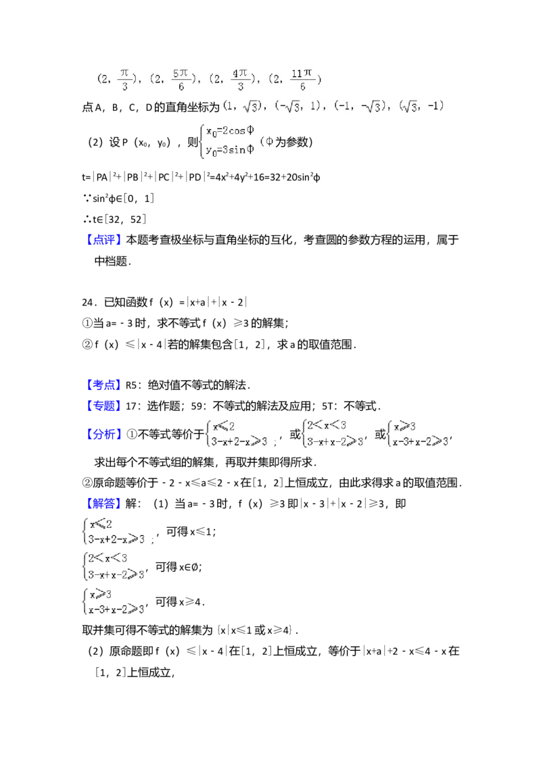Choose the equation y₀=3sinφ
tap(230, 150)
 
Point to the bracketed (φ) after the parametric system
tap(268, 141)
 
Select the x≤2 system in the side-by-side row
tap(240, 433)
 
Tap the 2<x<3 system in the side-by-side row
tap(333, 433)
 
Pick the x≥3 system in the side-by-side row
tap(417, 433)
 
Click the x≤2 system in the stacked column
tap(118, 530)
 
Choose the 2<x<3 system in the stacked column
tap(113, 566)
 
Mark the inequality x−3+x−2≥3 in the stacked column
tap(116, 609)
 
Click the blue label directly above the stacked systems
tap(105, 504)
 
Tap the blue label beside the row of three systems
tap(105, 435)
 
